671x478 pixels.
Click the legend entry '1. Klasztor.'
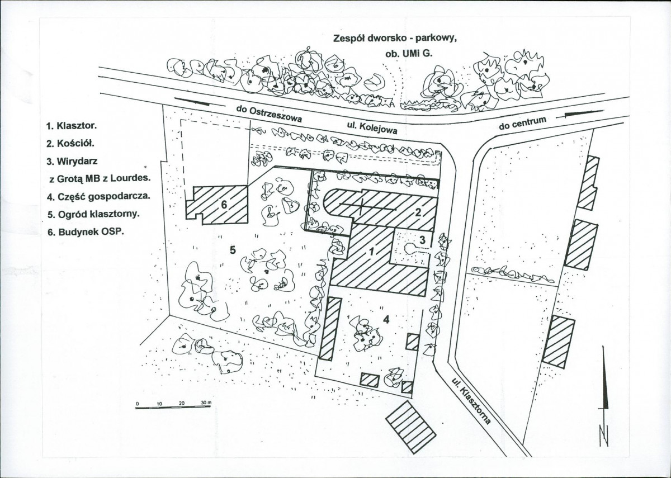click(x=72, y=126)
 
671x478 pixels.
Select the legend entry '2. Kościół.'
click(x=70, y=144)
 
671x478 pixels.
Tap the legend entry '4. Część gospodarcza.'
click(x=98, y=197)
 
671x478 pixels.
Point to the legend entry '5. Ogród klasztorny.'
click(x=93, y=215)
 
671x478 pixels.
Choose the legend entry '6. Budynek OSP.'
click(x=86, y=232)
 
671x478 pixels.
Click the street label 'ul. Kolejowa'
click(x=372, y=128)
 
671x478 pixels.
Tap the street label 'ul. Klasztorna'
click(x=471, y=401)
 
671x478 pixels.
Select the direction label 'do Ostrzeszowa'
click(x=269, y=114)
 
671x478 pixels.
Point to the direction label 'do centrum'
click(x=522, y=124)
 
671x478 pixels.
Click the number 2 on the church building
click(x=418, y=212)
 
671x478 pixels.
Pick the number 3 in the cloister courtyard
click(x=422, y=240)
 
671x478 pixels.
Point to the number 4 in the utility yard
click(x=386, y=320)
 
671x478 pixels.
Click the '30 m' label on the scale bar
click(x=207, y=403)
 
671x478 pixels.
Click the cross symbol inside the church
click(x=362, y=207)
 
